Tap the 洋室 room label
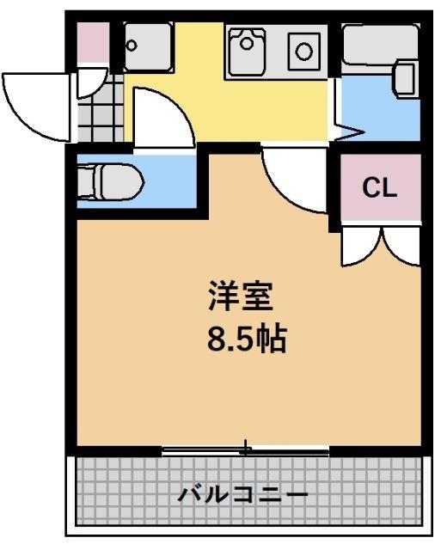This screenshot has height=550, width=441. tap(240, 297)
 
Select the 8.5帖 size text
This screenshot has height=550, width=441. tap(245, 340)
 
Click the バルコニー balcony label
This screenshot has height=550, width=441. tap(243, 495)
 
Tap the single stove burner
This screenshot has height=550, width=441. tap(304, 51)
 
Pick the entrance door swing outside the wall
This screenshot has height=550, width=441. tap(36, 103)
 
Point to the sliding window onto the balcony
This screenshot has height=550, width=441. tap(246, 449)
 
